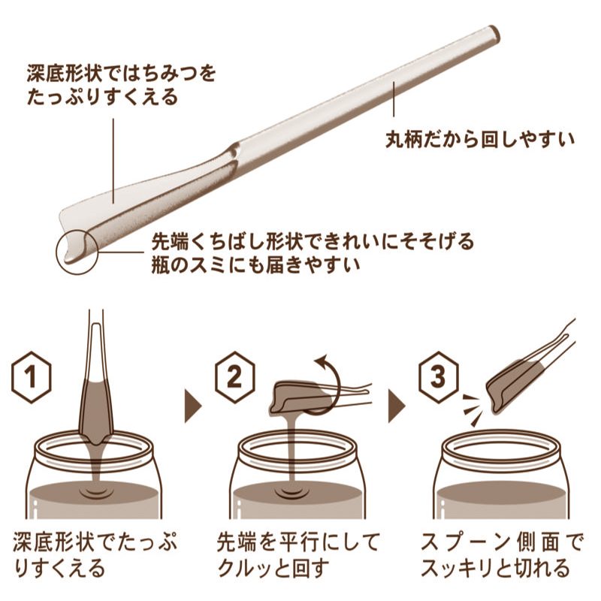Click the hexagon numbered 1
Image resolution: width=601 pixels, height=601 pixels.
pos(32,377)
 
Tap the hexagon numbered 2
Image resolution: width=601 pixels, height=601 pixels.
pos(234,377)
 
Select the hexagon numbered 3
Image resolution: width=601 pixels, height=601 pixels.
pos(438,377)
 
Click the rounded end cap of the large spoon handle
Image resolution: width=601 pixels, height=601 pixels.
pos(494,33)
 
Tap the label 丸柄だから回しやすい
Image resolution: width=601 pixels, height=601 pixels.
pos(480,140)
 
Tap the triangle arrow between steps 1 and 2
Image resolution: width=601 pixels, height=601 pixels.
pos(193,406)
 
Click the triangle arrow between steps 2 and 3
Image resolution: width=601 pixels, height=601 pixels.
pos(397,406)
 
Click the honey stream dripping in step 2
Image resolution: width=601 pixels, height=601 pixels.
pos(292,452)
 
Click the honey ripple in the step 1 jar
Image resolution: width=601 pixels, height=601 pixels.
pos(95,492)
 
